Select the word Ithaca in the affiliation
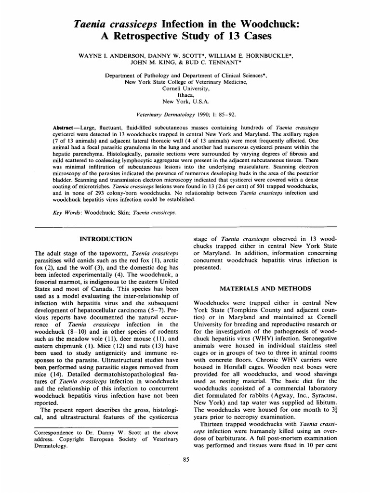click(185, 95)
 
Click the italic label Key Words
click(66, 212)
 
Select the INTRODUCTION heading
click(106, 238)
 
